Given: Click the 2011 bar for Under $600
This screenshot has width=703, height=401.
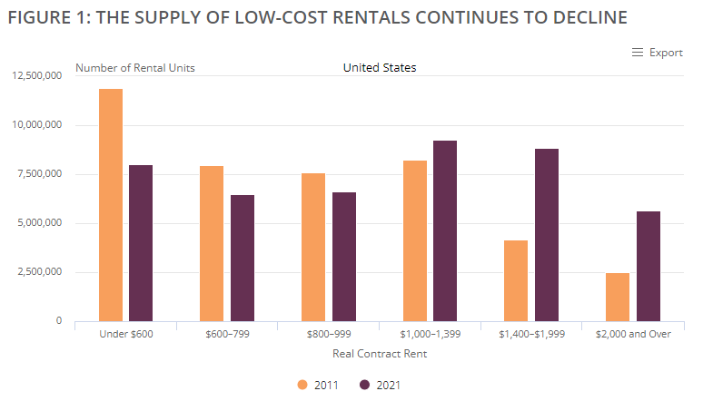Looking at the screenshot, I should (x=111, y=205).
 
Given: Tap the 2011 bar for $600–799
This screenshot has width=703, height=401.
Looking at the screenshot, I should (x=212, y=243).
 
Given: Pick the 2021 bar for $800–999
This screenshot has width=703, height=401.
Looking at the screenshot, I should (x=344, y=257).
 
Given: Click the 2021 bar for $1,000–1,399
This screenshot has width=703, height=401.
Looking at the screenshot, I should (x=445, y=230).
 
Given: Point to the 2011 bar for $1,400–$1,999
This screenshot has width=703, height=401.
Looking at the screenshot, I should (x=516, y=280).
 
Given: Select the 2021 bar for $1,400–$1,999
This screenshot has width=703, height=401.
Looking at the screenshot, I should (x=547, y=235).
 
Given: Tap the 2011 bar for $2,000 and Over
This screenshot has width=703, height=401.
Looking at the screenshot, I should (x=618, y=297).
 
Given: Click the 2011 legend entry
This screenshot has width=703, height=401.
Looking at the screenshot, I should (x=318, y=385).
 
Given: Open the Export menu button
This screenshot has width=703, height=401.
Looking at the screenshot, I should (x=657, y=53).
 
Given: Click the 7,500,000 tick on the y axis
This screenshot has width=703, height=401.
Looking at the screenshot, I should (x=39, y=173).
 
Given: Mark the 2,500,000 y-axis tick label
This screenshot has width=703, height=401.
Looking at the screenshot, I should (x=39, y=271).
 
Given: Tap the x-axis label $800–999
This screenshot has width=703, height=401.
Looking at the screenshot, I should (x=328, y=335).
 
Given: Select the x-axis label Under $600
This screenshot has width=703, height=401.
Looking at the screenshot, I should (x=124, y=335).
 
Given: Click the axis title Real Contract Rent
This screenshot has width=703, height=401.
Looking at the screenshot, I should (x=380, y=354).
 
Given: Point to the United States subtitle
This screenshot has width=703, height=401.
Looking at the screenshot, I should (x=380, y=67).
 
